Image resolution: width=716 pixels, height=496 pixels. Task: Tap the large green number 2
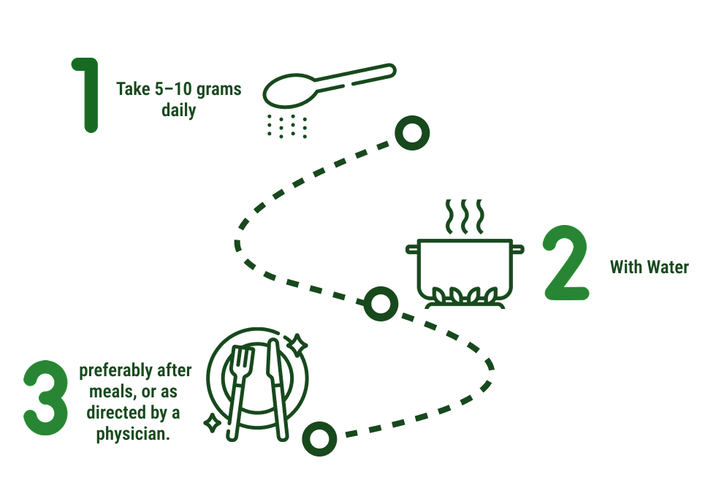[566, 263]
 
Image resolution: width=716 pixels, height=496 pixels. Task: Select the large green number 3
[45, 397]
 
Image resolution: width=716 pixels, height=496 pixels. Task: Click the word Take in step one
[133, 89]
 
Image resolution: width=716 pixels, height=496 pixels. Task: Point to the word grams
[218, 90]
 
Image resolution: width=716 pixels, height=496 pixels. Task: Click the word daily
[178, 110]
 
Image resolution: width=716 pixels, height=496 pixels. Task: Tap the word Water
[668, 267]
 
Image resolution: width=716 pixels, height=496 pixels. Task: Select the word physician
[133, 434]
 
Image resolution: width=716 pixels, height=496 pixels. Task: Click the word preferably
[116, 370]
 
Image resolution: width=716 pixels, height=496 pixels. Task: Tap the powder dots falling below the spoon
[286, 126]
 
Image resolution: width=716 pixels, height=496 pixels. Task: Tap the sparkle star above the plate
[297, 344]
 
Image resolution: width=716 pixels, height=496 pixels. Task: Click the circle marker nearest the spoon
[412, 133]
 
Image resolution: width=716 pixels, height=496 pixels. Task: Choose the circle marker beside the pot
[381, 304]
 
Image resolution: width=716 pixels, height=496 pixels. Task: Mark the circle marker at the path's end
[319, 438]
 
